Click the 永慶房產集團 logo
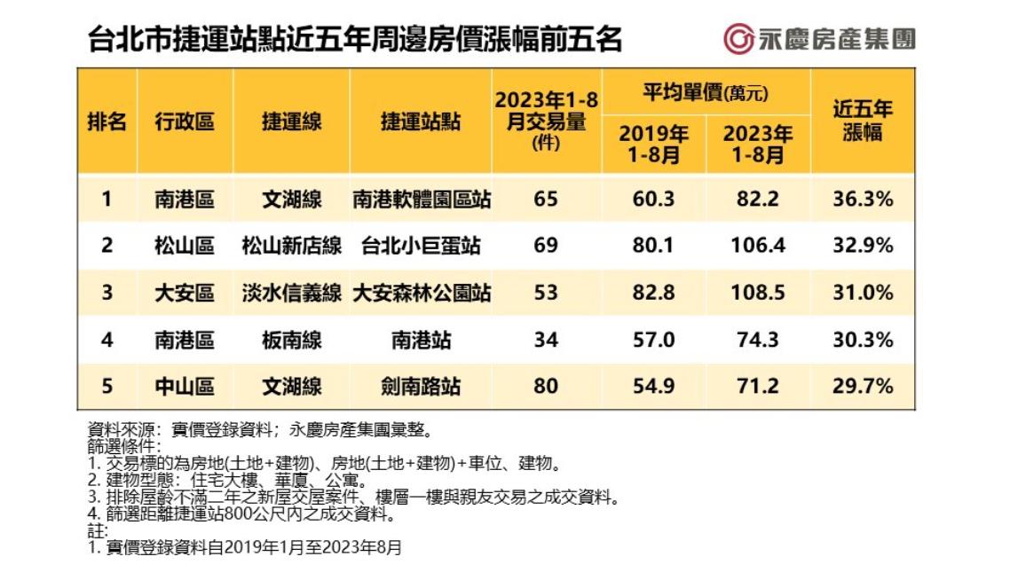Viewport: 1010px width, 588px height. [x=819, y=38]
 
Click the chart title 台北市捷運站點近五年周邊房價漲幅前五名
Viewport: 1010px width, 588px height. [x=355, y=40]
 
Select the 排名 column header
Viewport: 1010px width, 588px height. [x=107, y=122]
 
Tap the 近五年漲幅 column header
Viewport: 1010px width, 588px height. [x=862, y=122]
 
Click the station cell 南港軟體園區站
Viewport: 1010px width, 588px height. [x=422, y=199]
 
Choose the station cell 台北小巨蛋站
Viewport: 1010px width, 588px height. [x=422, y=246]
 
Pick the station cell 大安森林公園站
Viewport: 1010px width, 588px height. [x=422, y=293]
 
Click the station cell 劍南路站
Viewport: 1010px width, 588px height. [x=422, y=387]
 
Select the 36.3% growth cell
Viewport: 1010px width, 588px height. [x=862, y=199]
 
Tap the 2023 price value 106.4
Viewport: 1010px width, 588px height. [x=758, y=246]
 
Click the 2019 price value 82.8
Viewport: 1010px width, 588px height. [x=654, y=293]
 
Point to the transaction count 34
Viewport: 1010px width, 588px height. [x=546, y=340]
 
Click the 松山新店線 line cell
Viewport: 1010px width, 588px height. [x=291, y=246]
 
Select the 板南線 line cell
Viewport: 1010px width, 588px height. [x=291, y=340]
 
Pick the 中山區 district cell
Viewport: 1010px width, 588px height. [x=185, y=387]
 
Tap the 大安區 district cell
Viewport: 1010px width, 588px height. [x=185, y=293]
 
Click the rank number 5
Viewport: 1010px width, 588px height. [x=107, y=387]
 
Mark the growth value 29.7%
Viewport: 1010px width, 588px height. [x=862, y=387]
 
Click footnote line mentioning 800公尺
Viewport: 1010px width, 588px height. [x=241, y=514]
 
